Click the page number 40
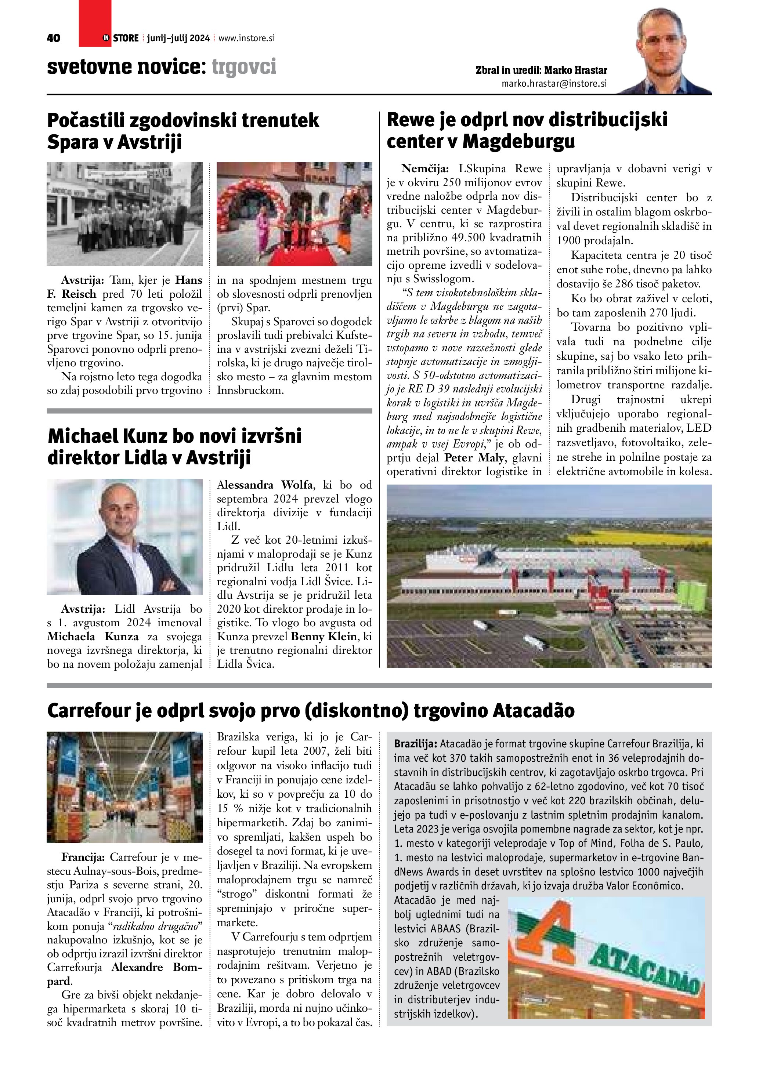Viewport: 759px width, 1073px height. pos(54,38)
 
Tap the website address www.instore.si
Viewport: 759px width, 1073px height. pos(246,38)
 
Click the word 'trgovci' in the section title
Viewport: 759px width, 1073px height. pos(244,67)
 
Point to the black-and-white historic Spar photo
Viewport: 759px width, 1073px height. pos(124,214)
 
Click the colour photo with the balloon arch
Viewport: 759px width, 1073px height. pos(294,214)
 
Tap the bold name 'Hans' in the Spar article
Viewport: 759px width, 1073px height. pos(188,280)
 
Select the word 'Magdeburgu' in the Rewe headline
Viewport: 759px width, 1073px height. pos(519,141)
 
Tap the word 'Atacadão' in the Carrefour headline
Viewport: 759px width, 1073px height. pos(533,711)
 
